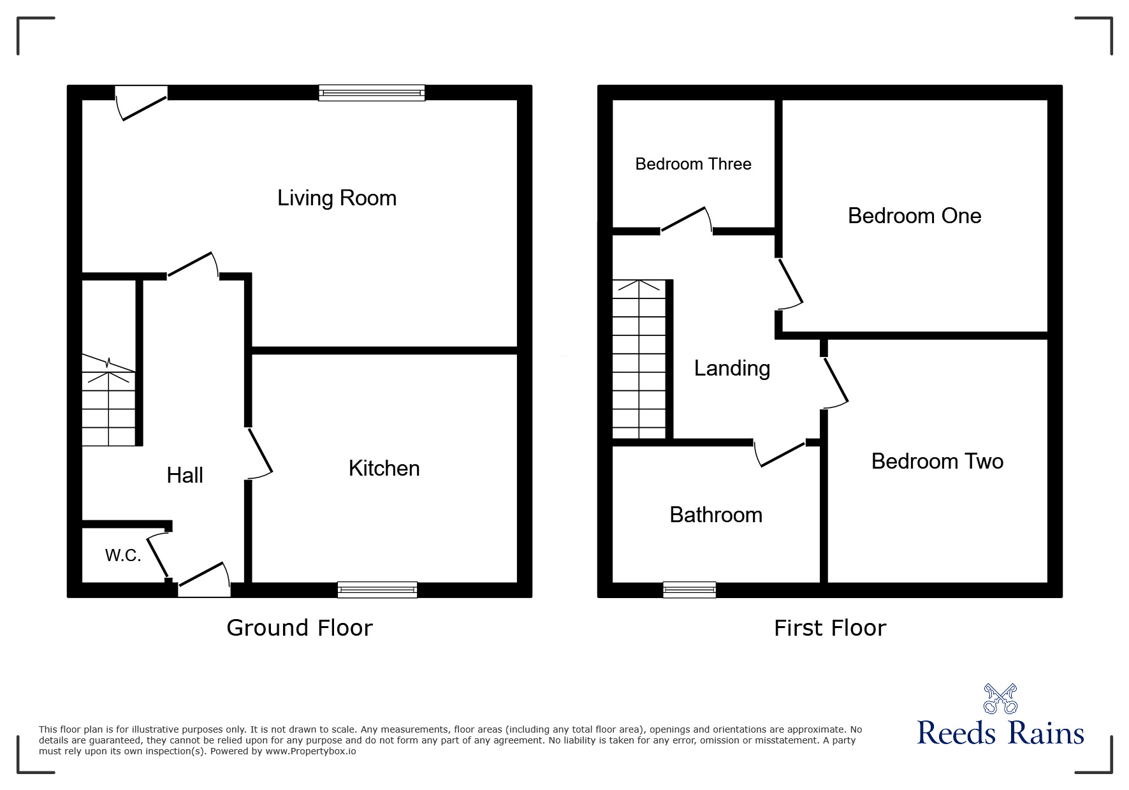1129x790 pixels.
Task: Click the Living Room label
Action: pos(337,198)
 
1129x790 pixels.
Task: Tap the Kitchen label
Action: pos(384,469)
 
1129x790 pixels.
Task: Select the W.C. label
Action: pos(123,555)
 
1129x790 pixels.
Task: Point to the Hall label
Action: pos(185,475)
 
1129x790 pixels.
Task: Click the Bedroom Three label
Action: pos(693,164)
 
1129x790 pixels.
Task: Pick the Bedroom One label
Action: pos(914,216)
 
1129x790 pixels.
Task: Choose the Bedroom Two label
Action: pos(937,462)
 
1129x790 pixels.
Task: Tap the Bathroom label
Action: pos(715,515)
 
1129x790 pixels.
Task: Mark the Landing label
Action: pos(732,369)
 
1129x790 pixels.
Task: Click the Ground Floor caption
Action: pos(299,628)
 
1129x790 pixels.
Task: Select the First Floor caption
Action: pos(829,628)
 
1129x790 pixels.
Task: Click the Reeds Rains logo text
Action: pos(1000,733)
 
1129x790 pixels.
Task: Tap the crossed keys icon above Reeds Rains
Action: pos(1000,699)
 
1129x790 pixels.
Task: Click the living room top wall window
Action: pos(372,93)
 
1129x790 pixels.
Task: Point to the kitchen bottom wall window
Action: pos(377,590)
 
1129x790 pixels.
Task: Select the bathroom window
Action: pos(689,590)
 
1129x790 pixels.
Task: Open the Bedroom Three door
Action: pos(686,221)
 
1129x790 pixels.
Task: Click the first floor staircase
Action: pos(639,360)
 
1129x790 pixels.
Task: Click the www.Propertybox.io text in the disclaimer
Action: pos(311,751)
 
